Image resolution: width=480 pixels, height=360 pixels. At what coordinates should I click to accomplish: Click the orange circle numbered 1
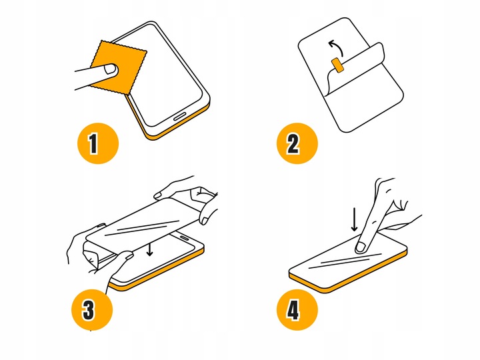[97, 143]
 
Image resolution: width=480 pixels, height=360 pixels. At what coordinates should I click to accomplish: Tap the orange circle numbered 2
[297, 143]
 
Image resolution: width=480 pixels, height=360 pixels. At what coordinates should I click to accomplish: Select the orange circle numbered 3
[92, 310]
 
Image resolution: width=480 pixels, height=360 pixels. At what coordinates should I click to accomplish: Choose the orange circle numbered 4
[297, 310]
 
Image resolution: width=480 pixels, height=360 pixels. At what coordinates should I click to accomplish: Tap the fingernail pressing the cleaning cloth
[110, 69]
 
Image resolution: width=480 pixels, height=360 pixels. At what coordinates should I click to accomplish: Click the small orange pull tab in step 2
[337, 65]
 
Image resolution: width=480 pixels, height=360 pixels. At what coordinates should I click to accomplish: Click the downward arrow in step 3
[149, 249]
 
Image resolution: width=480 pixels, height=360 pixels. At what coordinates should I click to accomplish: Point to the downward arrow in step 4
[354, 219]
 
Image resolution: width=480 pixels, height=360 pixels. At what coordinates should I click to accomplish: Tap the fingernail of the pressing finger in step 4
[361, 247]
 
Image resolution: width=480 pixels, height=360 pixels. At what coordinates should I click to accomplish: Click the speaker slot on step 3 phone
[185, 237]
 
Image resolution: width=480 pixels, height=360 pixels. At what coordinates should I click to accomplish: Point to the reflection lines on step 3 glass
[143, 227]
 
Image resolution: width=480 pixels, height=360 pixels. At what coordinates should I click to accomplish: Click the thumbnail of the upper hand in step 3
[157, 195]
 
